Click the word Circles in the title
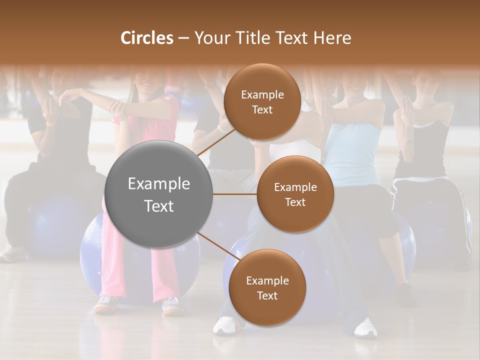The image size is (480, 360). [x=147, y=38]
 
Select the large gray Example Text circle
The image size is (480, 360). [x=159, y=194]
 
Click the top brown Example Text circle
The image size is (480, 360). [x=262, y=101]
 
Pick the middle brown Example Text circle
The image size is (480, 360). [x=295, y=194]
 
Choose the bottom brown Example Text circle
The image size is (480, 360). [x=267, y=287]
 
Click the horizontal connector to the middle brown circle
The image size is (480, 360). [x=235, y=194]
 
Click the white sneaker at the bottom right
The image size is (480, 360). [x=366, y=327]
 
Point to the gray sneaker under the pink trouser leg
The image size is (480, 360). [x=106, y=304]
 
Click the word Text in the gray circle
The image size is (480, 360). [x=159, y=206]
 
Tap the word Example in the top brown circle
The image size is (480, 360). [x=262, y=94]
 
